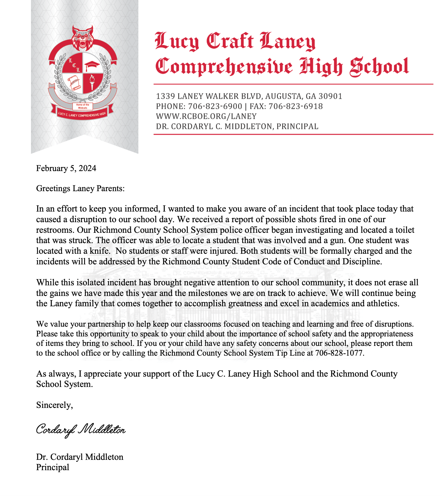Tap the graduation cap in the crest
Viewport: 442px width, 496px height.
click(92, 65)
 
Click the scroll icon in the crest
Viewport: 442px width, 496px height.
click(73, 82)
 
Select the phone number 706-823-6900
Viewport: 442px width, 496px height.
click(215, 106)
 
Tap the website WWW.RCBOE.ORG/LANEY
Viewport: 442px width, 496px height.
click(206, 116)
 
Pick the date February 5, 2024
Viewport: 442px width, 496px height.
click(66, 168)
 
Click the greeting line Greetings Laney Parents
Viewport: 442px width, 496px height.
click(80, 189)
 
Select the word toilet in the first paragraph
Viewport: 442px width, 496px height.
click(405, 230)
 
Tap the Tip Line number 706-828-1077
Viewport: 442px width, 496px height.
click(339, 353)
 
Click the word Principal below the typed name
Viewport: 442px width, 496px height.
click(53, 467)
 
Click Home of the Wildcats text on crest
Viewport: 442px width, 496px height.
click(83, 106)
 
